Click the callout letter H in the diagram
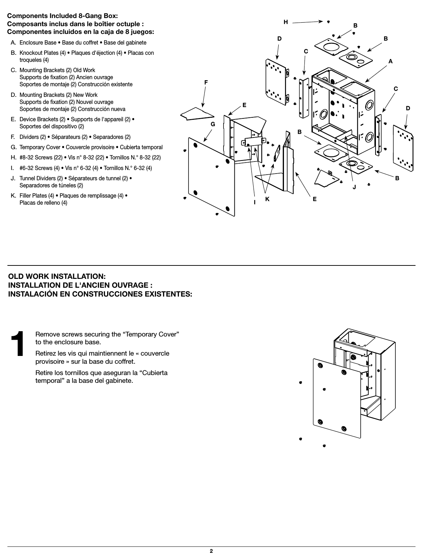pyautogui.click(x=286, y=22)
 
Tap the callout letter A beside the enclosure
pyautogui.click(x=390, y=61)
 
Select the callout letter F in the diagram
pyautogui.click(x=206, y=82)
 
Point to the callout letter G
pyautogui.click(x=213, y=124)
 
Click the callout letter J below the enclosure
pyautogui.click(x=354, y=186)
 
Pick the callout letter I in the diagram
pyautogui.click(x=254, y=202)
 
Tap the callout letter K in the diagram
pyautogui.click(x=267, y=199)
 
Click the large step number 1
pyautogui.click(x=18, y=344)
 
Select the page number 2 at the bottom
pyautogui.click(x=211, y=551)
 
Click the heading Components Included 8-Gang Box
pyautogui.click(x=63, y=16)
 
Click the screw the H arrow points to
pyautogui.click(x=329, y=21)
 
